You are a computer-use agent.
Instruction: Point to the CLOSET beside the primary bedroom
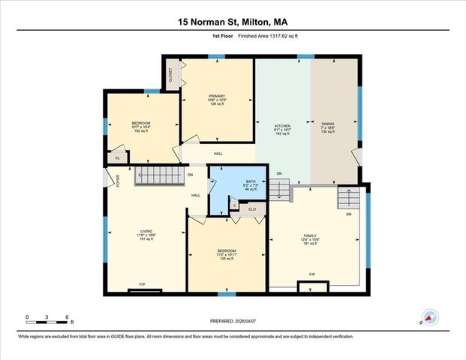coord(171,76)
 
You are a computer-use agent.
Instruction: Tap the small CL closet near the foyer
coord(117,158)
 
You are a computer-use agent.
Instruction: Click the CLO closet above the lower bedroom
coord(253,210)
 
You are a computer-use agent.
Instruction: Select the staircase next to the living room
coord(159,176)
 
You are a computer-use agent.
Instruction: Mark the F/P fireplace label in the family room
coord(312,274)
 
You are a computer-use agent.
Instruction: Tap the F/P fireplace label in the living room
coord(143,283)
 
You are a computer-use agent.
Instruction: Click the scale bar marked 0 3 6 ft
coord(47,321)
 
